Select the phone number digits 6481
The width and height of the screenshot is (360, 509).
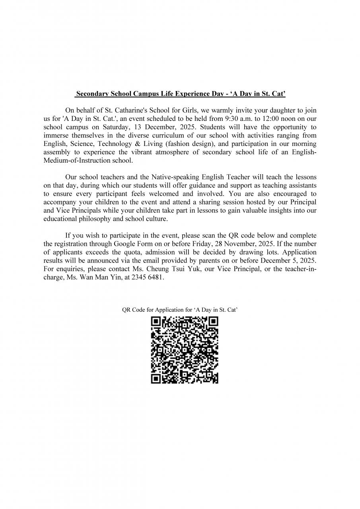[x=155, y=277]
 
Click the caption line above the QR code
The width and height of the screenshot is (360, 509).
[x=180, y=310]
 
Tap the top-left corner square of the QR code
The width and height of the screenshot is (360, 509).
[x=156, y=321]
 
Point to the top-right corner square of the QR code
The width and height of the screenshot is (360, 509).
[x=214, y=321]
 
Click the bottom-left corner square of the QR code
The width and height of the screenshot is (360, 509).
[x=156, y=379]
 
